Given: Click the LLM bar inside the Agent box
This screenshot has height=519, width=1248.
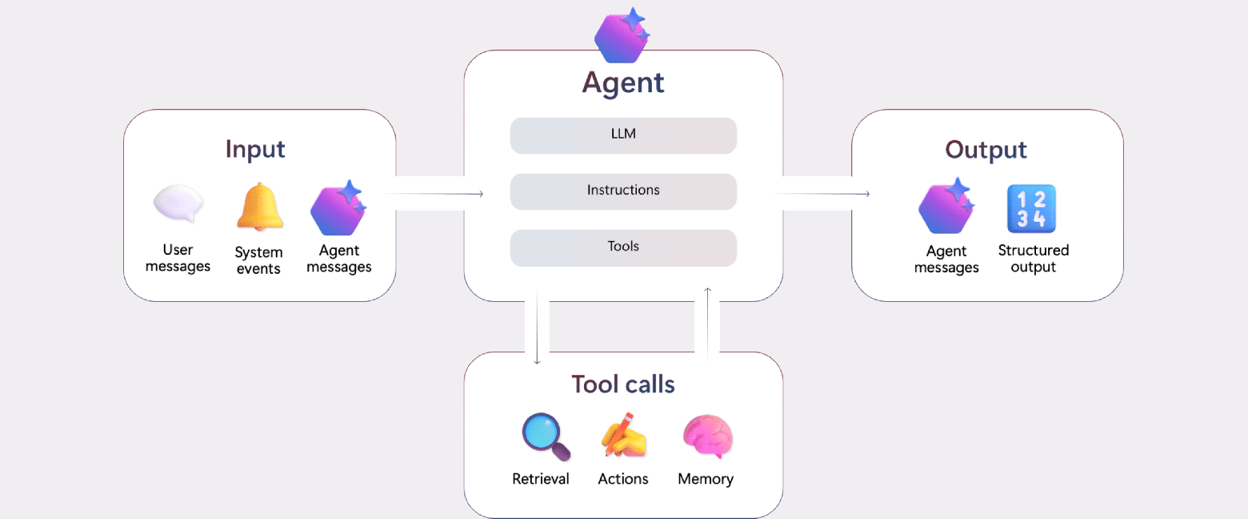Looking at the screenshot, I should (x=623, y=135).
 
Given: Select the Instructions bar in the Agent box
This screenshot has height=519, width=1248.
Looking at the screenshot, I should (x=623, y=191).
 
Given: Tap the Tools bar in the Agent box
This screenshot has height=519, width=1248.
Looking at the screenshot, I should (x=623, y=247).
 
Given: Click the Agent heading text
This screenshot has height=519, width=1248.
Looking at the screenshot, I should (x=623, y=82).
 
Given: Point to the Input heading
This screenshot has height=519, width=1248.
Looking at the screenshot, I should (x=255, y=150).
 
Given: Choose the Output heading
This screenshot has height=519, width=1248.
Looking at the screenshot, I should (x=986, y=150).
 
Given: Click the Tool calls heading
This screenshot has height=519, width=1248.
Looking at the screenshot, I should (x=623, y=384).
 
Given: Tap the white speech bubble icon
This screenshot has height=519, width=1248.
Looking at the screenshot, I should (x=178, y=204).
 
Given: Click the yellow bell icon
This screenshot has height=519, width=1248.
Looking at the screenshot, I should (x=259, y=207).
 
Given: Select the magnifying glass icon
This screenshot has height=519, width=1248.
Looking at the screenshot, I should (x=546, y=437).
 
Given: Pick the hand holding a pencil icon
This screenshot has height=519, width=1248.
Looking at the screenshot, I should (x=624, y=435).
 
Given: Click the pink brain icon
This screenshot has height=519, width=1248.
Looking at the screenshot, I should (x=707, y=437).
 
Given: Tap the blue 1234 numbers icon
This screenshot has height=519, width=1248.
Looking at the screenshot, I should (x=1031, y=209).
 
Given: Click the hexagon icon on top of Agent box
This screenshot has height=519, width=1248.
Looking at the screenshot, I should (x=622, y=35).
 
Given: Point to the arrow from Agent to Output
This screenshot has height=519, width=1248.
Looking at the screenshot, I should (x=824, y=194).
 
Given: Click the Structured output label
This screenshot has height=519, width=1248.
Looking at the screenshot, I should (x=1033, y=259).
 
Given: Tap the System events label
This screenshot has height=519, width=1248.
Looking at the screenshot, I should (x=258, y=260).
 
